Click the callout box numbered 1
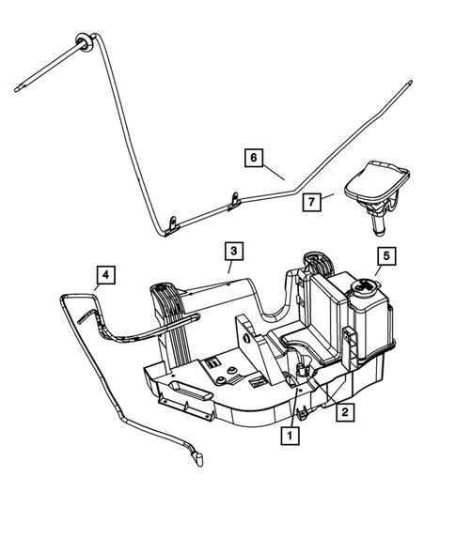pos(291,435)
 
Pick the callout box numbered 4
pos(106,275)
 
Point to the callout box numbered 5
pos(385,255)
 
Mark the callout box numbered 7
pos(312,201)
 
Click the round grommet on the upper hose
pos(81,39)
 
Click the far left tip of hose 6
pos(18,91)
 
